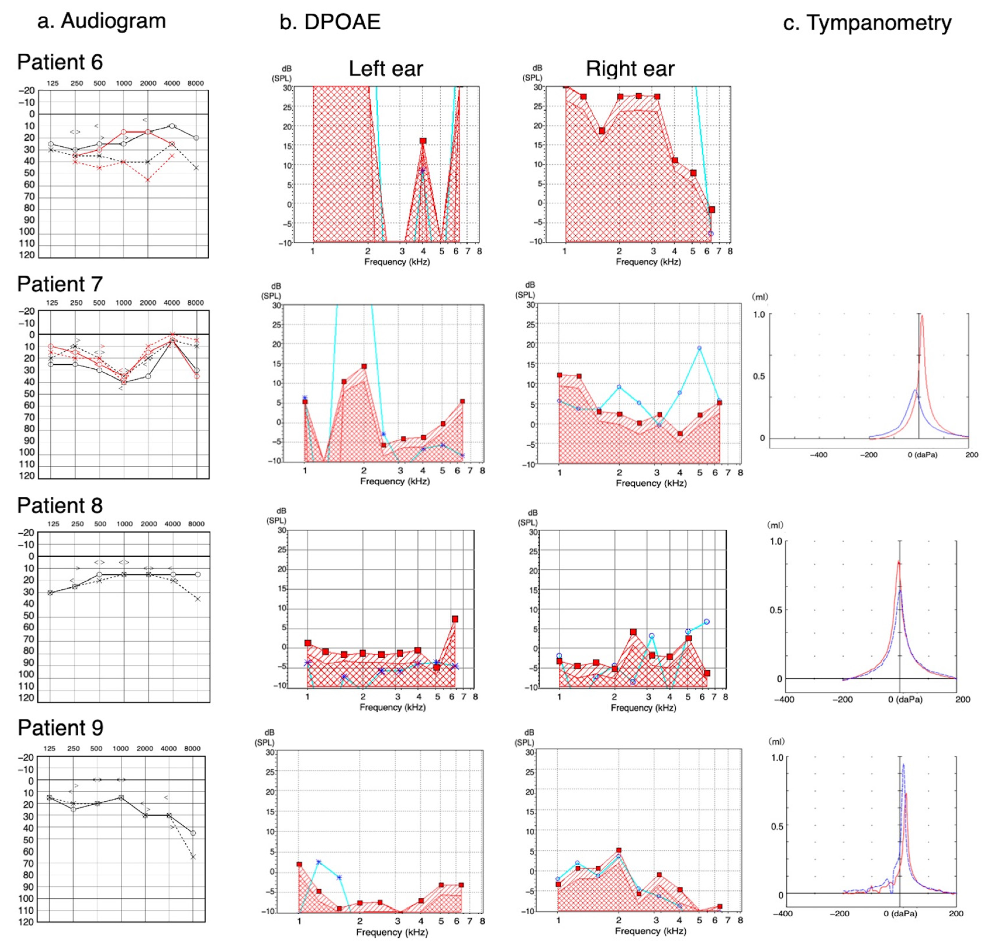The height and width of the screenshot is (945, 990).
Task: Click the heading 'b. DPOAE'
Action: [330, 22]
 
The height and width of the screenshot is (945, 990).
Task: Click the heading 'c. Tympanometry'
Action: [867, 23]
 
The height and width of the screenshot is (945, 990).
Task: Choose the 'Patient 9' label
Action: [61, 728]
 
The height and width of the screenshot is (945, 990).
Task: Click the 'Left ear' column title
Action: [386, 69]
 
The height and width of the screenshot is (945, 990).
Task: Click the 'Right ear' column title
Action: [630, 69]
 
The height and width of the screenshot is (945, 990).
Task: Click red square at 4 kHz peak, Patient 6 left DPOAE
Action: [423, 141]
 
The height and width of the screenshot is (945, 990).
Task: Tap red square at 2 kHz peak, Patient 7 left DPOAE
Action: [364, 366]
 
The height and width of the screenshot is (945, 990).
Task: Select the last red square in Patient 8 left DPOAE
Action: [455, 619]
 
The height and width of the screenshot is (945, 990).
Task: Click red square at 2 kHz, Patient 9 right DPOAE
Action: [619, 850]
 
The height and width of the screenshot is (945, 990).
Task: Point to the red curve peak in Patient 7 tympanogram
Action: [922, 316]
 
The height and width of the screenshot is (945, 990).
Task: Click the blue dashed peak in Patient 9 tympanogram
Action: [903, 765]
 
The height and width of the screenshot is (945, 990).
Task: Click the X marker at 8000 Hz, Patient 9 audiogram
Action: [193, 857]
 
